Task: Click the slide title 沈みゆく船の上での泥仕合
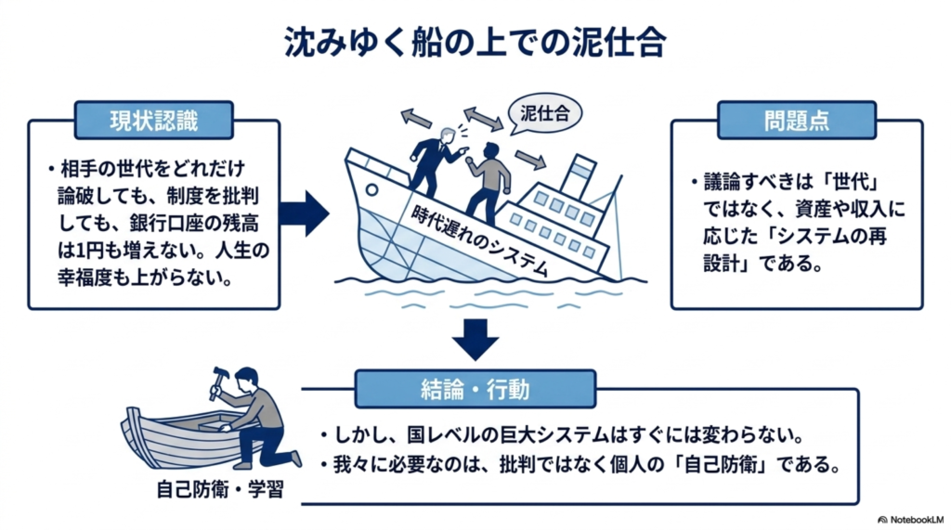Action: coord(475,43)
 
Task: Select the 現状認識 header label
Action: coord(154,120)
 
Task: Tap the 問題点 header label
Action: coord(796,120)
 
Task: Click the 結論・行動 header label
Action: coord(475,389)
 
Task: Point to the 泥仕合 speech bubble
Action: coord(544,113)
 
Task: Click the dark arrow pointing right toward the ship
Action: coord(305,213)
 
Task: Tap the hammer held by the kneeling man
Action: coord(217,381)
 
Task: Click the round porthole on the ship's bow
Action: coord(371,190)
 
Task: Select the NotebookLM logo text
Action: coord(911,520)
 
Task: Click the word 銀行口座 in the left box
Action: coord(166,223)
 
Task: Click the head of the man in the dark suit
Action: coord(448,135)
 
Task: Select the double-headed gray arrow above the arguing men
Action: coord(483,118)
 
